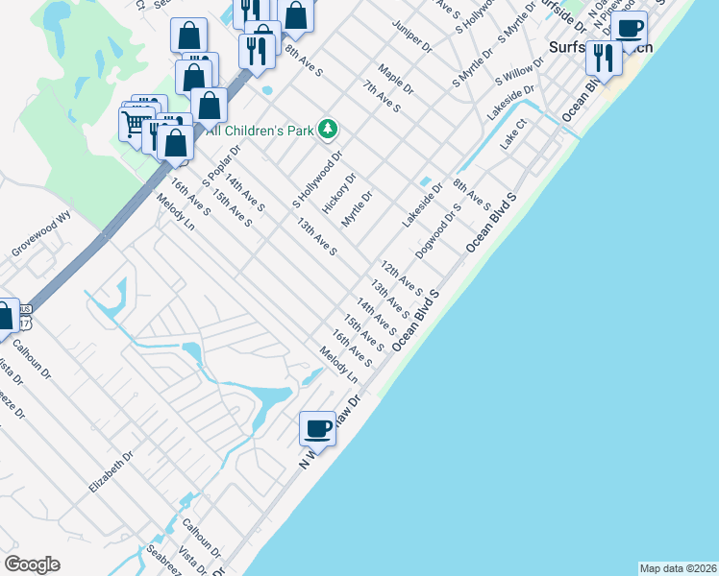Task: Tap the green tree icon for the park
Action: point(329,128)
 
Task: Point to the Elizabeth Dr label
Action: point(111,472)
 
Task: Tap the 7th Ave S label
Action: point(382,96)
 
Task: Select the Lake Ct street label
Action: point(514,133)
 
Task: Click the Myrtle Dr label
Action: point(356,208)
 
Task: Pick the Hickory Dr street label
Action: point(339,193)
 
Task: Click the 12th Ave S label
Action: point(401,276)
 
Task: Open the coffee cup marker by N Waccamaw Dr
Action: point(317,428)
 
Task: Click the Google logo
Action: point(32,564)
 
